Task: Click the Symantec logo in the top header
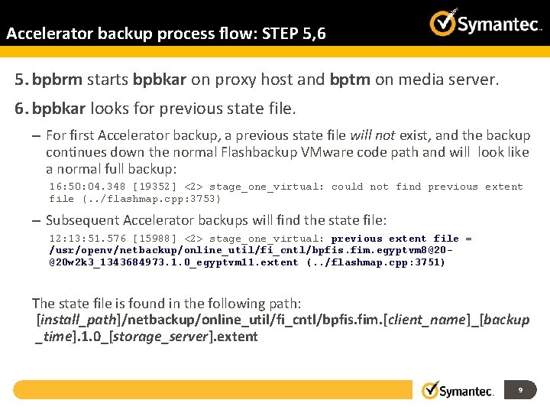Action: [x=486, y=23]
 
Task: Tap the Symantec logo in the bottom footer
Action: [x=458, y=390]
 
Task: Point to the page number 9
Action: [x=520, y=390]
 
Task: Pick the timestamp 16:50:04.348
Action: [x=87, y=187]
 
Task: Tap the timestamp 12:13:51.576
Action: [x=87, y=239]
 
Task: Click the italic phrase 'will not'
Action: [x=372, y=136]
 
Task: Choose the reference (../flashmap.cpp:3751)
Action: [x=375, y=262]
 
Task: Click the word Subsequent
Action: [x=81, y=221]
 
